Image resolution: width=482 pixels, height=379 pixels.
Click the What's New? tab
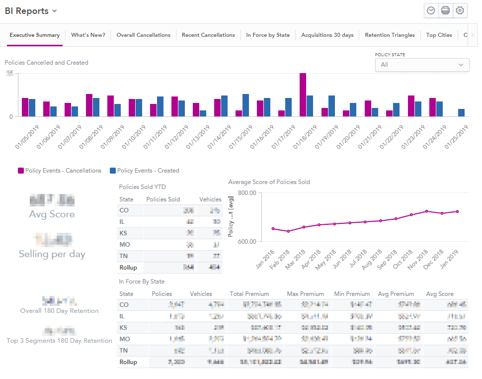point(88,35)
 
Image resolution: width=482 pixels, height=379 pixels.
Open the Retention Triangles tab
point(390,35)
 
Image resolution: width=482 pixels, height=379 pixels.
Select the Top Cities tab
point(439,35)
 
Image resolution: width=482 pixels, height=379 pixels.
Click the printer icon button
point(446,11)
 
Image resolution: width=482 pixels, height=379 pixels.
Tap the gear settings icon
point(460,11)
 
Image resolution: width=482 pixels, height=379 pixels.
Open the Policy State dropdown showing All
point(422,65)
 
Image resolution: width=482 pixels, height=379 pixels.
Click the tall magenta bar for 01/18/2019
point(303,95)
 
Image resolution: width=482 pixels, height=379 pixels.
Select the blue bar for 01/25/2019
point(462,112)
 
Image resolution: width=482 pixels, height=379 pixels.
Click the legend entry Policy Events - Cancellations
point(60,171)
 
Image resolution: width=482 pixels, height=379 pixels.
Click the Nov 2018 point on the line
point(426,211)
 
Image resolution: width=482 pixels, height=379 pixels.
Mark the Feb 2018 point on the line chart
point(288,231)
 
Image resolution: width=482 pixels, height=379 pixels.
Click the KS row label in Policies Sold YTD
point(124,233)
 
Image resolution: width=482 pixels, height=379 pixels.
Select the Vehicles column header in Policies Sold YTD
point(210,199)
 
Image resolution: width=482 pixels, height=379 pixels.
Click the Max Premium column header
point(305,294)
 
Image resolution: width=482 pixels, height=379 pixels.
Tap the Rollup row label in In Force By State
point(128,362)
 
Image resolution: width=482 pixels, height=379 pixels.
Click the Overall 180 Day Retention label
point(59,311)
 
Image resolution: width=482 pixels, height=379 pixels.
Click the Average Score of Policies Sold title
point(269,182)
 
